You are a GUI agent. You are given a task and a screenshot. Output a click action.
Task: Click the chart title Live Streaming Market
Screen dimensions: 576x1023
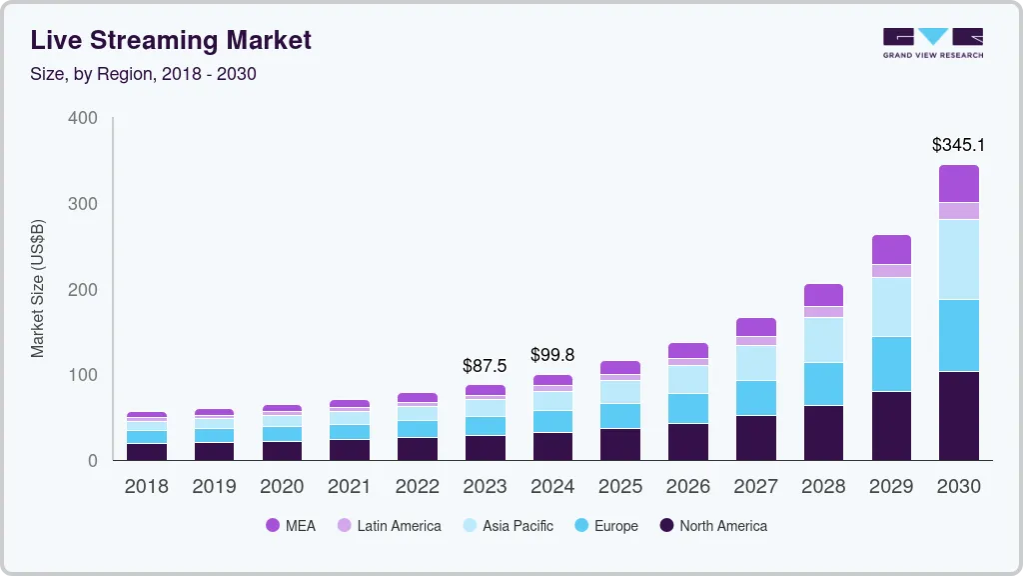[171, 40]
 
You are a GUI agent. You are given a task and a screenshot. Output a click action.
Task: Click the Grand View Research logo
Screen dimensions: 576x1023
[932, 42]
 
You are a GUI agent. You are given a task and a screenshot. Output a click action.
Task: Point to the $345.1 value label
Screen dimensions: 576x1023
[959, 145]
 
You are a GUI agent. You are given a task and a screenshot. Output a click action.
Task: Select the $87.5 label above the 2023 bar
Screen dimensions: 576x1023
[485, 366]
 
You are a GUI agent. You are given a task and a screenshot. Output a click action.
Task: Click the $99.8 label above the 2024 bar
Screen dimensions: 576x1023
[552, 355]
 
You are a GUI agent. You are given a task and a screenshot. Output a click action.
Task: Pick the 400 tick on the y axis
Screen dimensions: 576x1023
[83, 118]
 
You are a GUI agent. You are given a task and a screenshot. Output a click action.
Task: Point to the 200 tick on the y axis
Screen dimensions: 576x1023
[83, 289]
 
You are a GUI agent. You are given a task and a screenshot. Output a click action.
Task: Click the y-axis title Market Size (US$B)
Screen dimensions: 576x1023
[38, 289]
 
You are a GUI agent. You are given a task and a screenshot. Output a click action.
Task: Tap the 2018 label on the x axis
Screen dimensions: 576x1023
[146, 487]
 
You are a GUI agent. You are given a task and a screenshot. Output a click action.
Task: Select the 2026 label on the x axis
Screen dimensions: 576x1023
[688, 487]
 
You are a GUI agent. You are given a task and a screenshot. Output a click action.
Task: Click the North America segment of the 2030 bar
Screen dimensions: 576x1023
[959, 415]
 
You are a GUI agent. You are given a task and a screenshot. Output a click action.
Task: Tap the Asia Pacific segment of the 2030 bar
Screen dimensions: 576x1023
[959, 259]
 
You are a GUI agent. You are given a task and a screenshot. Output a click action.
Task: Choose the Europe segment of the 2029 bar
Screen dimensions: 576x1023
[891, 364]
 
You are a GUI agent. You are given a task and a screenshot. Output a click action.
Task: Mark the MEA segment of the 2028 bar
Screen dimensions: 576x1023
[823, 295]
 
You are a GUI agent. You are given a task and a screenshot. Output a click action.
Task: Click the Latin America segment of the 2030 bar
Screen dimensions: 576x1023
[959, 211]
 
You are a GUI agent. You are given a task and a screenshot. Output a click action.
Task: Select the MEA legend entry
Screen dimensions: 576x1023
[291, 526]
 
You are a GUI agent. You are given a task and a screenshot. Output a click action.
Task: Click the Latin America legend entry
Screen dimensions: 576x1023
[389, 526]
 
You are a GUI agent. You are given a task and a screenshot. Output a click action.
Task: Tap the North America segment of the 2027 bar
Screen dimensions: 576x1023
[756, 437]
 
